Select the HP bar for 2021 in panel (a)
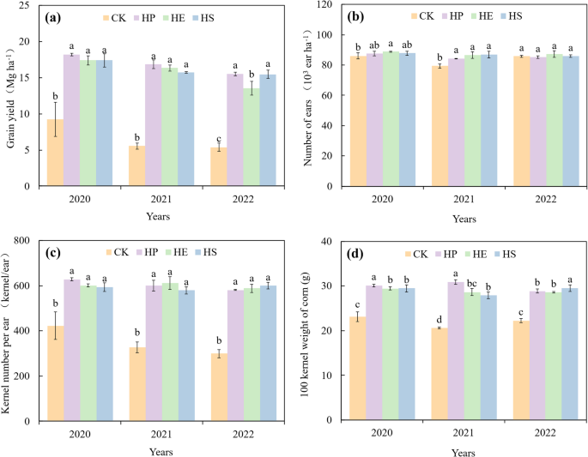153,125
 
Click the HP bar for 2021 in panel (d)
456,352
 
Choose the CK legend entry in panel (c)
118,252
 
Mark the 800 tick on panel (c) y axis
26,241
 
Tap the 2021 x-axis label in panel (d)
464,434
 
